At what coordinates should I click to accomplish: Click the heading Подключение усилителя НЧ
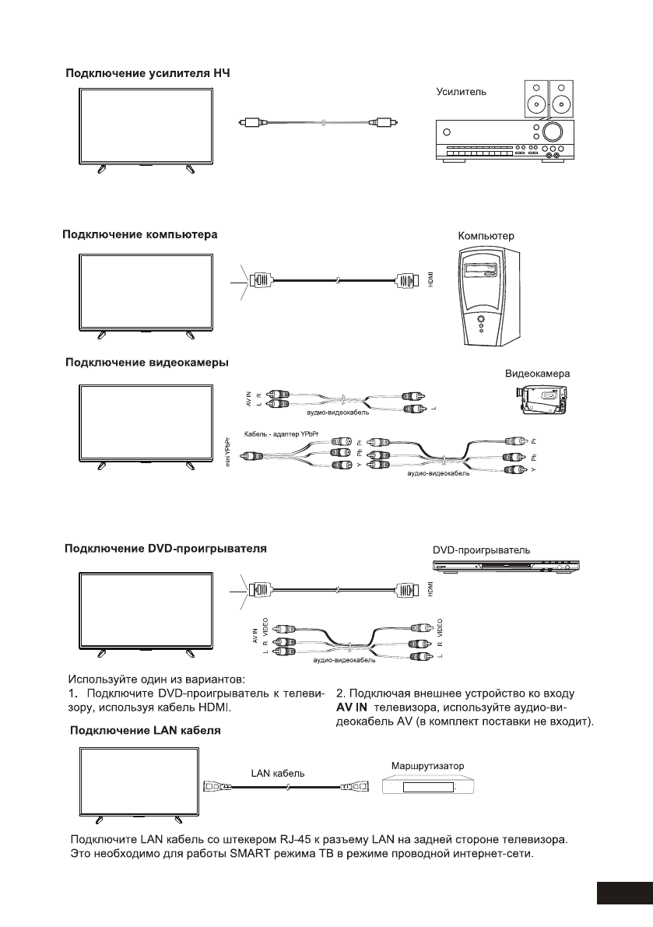click(147, 74)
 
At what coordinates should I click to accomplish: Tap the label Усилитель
click(461, 91)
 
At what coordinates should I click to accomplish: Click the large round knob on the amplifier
click(554, 131)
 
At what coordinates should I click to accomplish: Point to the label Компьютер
click(486, 234)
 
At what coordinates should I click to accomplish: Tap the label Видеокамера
click(538, 374)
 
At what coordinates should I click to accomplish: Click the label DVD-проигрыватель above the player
click(482, 550)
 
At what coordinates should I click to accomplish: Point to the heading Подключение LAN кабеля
click(146, 731)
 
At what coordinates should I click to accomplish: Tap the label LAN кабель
click(278, 774)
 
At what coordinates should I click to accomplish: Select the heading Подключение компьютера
click(140, 234)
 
